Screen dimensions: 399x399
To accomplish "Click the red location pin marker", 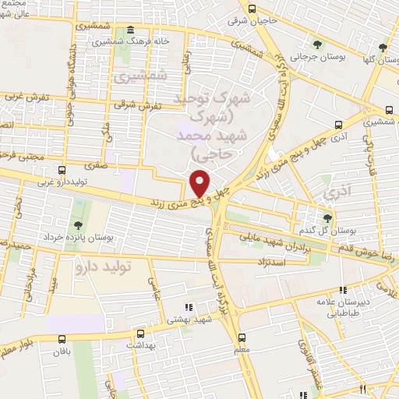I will [200, 182].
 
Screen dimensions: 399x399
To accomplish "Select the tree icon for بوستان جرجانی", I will [316, 43].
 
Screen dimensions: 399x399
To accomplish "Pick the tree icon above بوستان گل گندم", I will [327, 218].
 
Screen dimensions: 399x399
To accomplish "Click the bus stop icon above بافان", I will [62, 337].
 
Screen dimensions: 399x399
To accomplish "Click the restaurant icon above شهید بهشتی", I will [186, 305].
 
